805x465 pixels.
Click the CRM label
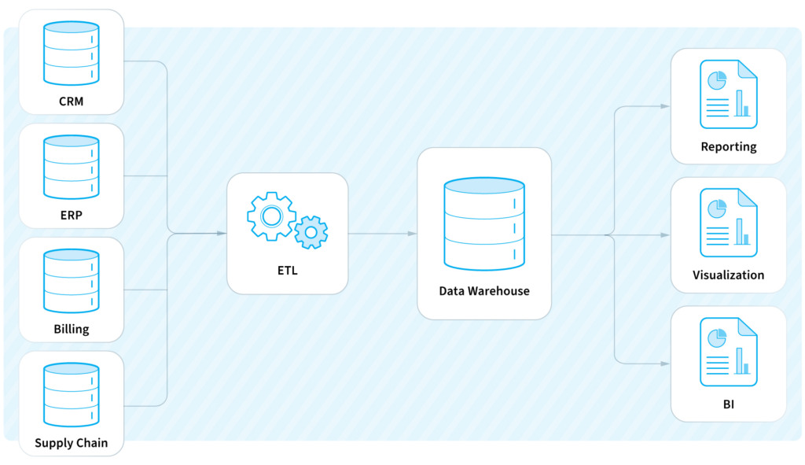71,101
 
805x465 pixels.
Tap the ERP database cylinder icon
72,167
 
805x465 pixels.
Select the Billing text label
72,329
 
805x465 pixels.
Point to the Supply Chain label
72,443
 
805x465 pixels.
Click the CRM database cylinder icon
72,53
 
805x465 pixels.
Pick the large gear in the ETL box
271,216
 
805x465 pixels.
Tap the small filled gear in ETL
311,232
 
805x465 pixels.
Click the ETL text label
288,270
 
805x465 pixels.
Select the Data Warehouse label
484,291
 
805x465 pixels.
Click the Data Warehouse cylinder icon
484,224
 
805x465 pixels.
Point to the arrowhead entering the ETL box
222,233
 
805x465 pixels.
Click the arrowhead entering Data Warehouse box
412,234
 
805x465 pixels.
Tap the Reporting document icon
729,94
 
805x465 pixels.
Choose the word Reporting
729,147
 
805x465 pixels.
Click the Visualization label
729,275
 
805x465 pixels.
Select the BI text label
729,404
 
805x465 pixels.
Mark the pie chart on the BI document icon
717,338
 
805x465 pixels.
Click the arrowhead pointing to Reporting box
665,106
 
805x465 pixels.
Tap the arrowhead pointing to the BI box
665,364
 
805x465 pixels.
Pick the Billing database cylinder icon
72,281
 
